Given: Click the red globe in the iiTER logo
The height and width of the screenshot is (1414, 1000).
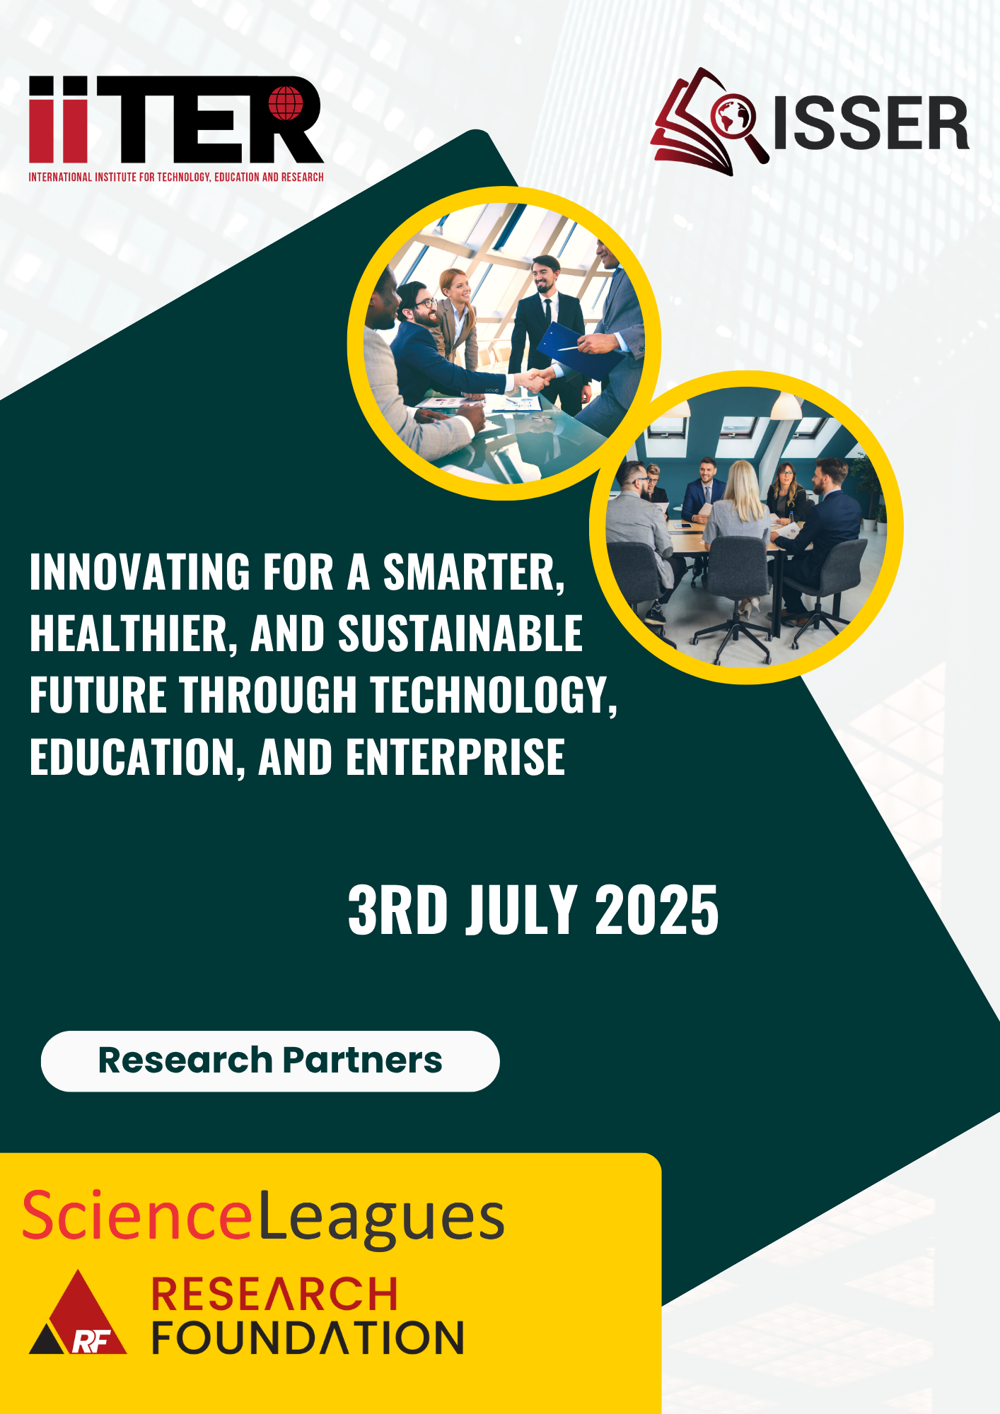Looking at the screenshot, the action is point(286,104).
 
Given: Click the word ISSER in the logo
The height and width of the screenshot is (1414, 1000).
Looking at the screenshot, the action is point(871,124).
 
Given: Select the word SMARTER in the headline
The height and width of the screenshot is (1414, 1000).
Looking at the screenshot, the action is point(474,572).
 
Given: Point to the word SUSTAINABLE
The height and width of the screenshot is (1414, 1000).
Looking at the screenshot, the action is point(460,633).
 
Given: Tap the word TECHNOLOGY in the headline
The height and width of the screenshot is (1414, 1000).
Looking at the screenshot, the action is point(494,695).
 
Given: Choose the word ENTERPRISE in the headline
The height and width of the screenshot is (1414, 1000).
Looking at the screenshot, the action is point(455,756).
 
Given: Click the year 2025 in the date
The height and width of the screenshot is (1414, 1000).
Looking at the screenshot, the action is point(657,911).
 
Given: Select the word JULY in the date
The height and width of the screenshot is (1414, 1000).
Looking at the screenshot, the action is point(522,911).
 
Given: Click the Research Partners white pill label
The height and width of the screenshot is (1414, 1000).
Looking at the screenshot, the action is point(270,1061).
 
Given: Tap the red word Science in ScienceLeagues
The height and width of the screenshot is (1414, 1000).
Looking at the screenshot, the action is point(137,1215).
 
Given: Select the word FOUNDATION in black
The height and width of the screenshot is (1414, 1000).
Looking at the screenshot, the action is point(308,1338).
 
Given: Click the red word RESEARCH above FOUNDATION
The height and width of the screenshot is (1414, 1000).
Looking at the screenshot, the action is point(274,1294).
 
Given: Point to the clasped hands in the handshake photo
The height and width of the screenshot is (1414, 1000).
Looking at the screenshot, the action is point(535,380).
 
